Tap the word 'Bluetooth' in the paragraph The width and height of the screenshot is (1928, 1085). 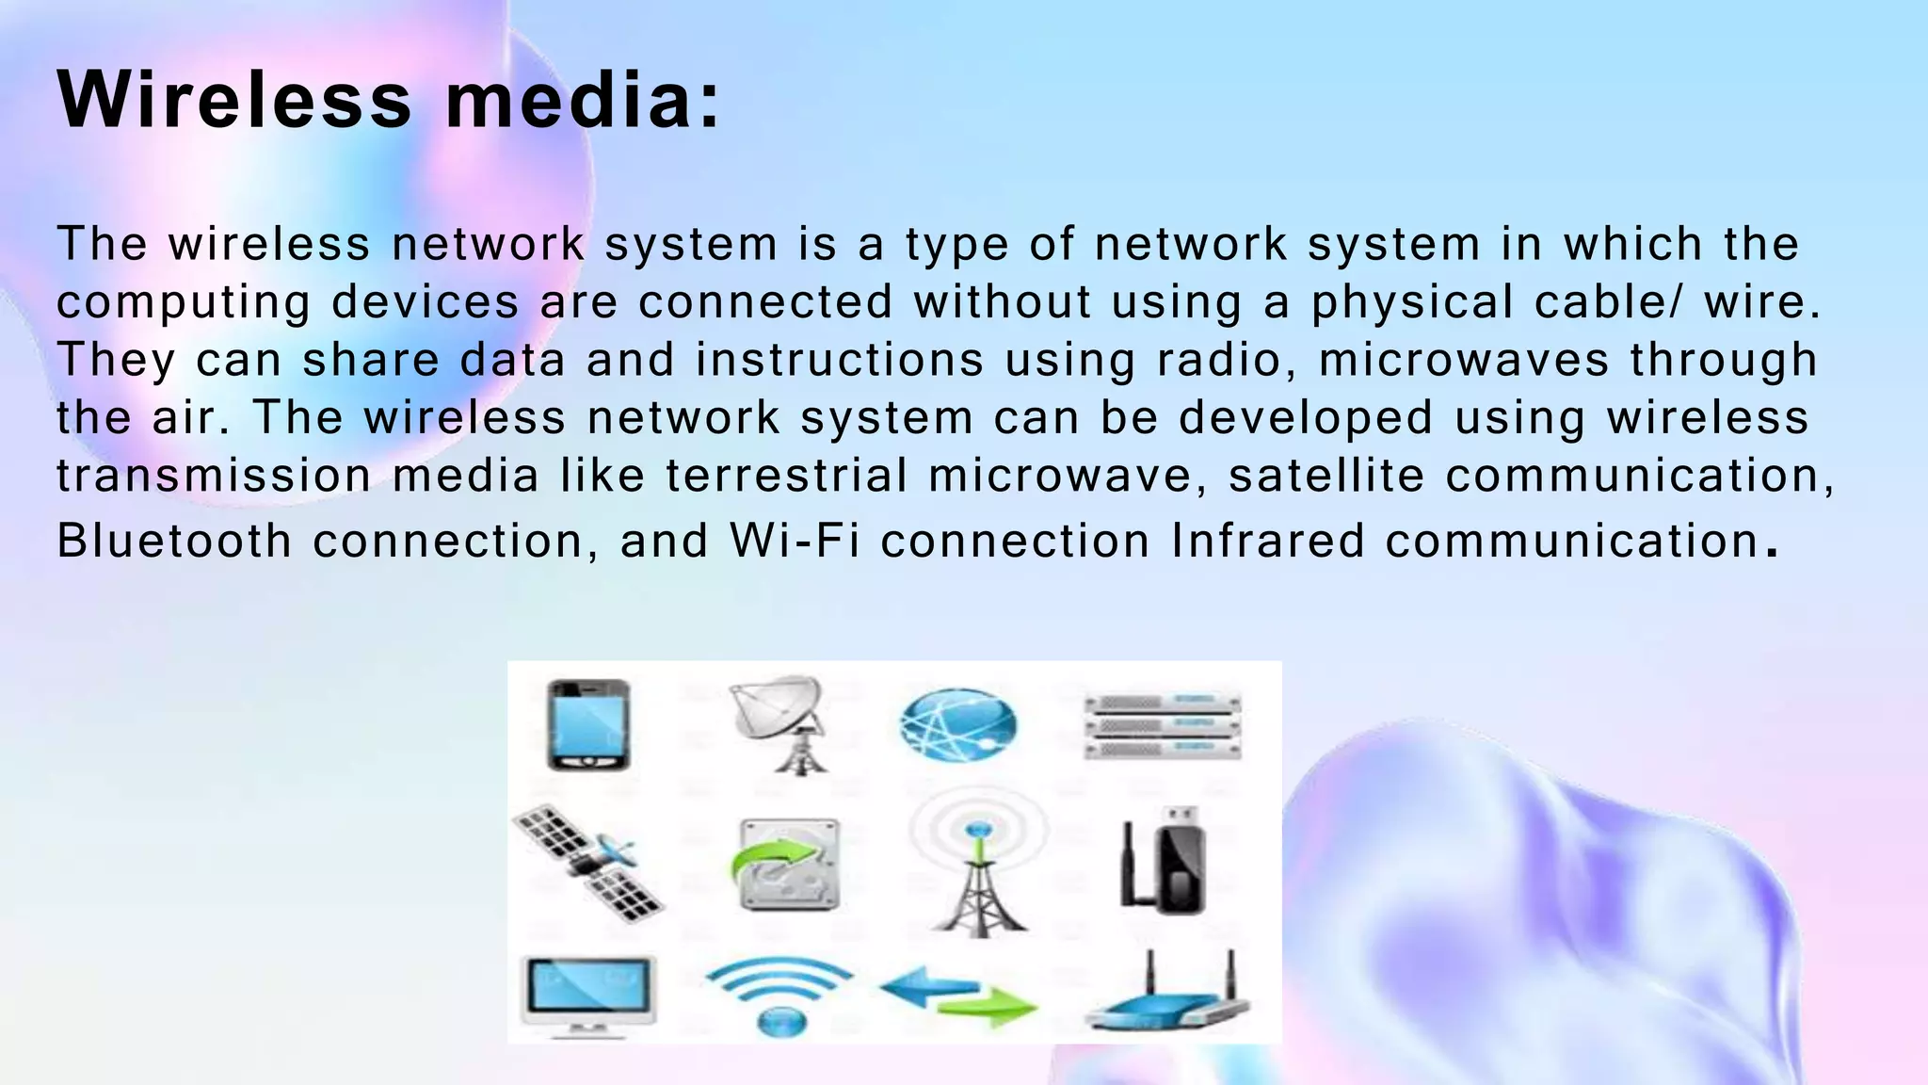175,541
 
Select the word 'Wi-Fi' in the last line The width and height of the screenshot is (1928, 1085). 795,541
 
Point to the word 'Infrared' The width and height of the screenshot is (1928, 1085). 1267,541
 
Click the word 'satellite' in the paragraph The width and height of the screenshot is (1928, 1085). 1326,475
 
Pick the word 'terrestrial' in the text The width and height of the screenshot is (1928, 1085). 786,475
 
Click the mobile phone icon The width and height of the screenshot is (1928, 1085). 588,725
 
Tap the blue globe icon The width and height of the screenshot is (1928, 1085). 957,726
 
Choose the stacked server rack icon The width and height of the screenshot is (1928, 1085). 1164,725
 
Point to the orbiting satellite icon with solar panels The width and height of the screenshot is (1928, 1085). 589,863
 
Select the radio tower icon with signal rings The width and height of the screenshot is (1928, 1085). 978,863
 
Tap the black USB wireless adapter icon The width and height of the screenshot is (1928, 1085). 1164,861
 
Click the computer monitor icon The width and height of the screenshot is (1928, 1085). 589,995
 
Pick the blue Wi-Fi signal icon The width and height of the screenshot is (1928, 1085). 779,996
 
